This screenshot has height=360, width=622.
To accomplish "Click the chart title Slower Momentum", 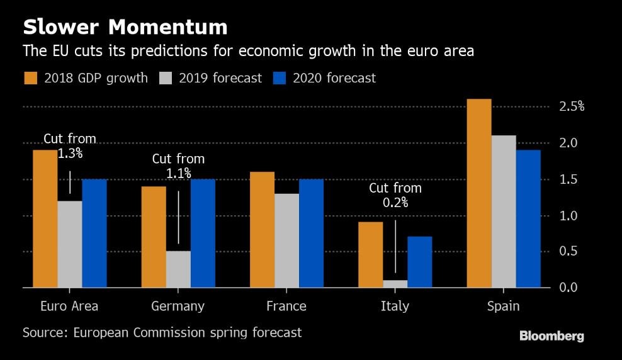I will pos(125,27).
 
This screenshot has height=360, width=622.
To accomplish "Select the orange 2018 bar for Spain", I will pos(478,193).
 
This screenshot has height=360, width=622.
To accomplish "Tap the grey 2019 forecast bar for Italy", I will pos(395,284).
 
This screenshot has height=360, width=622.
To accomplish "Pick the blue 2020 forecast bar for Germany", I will pos(203,233).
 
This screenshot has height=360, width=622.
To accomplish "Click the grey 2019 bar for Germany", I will pos(178,269).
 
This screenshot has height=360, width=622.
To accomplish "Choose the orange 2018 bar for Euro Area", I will pos(45,218).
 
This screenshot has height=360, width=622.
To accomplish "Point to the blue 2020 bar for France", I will pos(311,233).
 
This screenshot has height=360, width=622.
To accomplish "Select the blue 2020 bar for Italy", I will pos(420,262).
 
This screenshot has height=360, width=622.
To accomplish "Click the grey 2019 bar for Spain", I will pos(503,211).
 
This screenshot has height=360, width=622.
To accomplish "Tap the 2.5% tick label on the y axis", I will pos(572,107).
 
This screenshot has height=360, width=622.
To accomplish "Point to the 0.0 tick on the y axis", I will pos(568,288).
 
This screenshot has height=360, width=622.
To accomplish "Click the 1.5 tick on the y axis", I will pos(568,179).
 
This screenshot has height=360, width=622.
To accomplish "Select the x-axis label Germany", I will pos(178,307).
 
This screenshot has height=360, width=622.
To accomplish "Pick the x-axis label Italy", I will pos(395,307).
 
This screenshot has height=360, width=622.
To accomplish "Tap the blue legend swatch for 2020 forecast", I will pos(280,78).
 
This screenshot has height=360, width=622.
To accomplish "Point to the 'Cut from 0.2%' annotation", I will pos(395,195).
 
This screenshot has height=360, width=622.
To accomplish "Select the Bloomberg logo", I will pos(551,336).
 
